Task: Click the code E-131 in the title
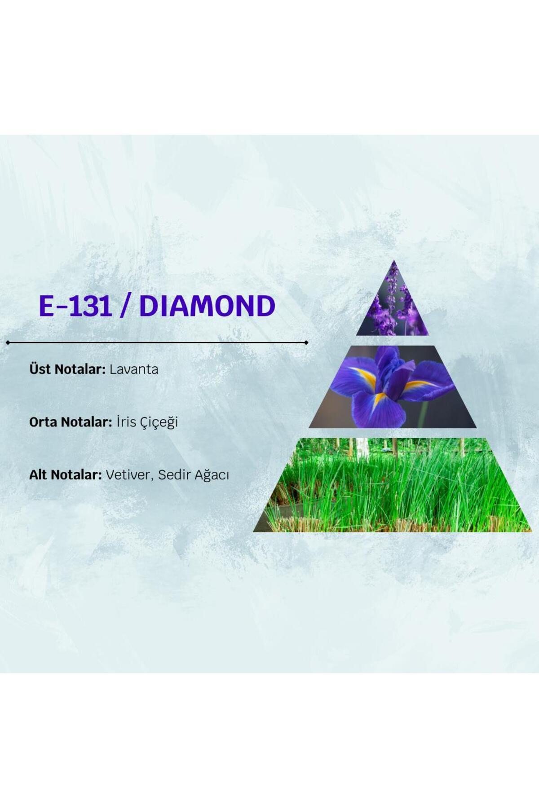click(75, 306)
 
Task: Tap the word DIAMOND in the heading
click(207, 306)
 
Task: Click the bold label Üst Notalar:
click(67, 369)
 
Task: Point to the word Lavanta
click(134, 369)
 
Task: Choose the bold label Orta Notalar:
click(71, 422)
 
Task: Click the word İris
click(126, 422)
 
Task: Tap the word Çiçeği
click(159, 422)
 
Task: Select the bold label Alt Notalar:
click(66, 474)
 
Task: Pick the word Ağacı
click(212, 475)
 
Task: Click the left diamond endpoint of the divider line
click(8, 343)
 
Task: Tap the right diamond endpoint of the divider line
click(306, 343)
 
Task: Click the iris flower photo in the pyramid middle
click(393, 386)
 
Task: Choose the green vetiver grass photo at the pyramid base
click(393, 485)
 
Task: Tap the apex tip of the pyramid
click(394, 260)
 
